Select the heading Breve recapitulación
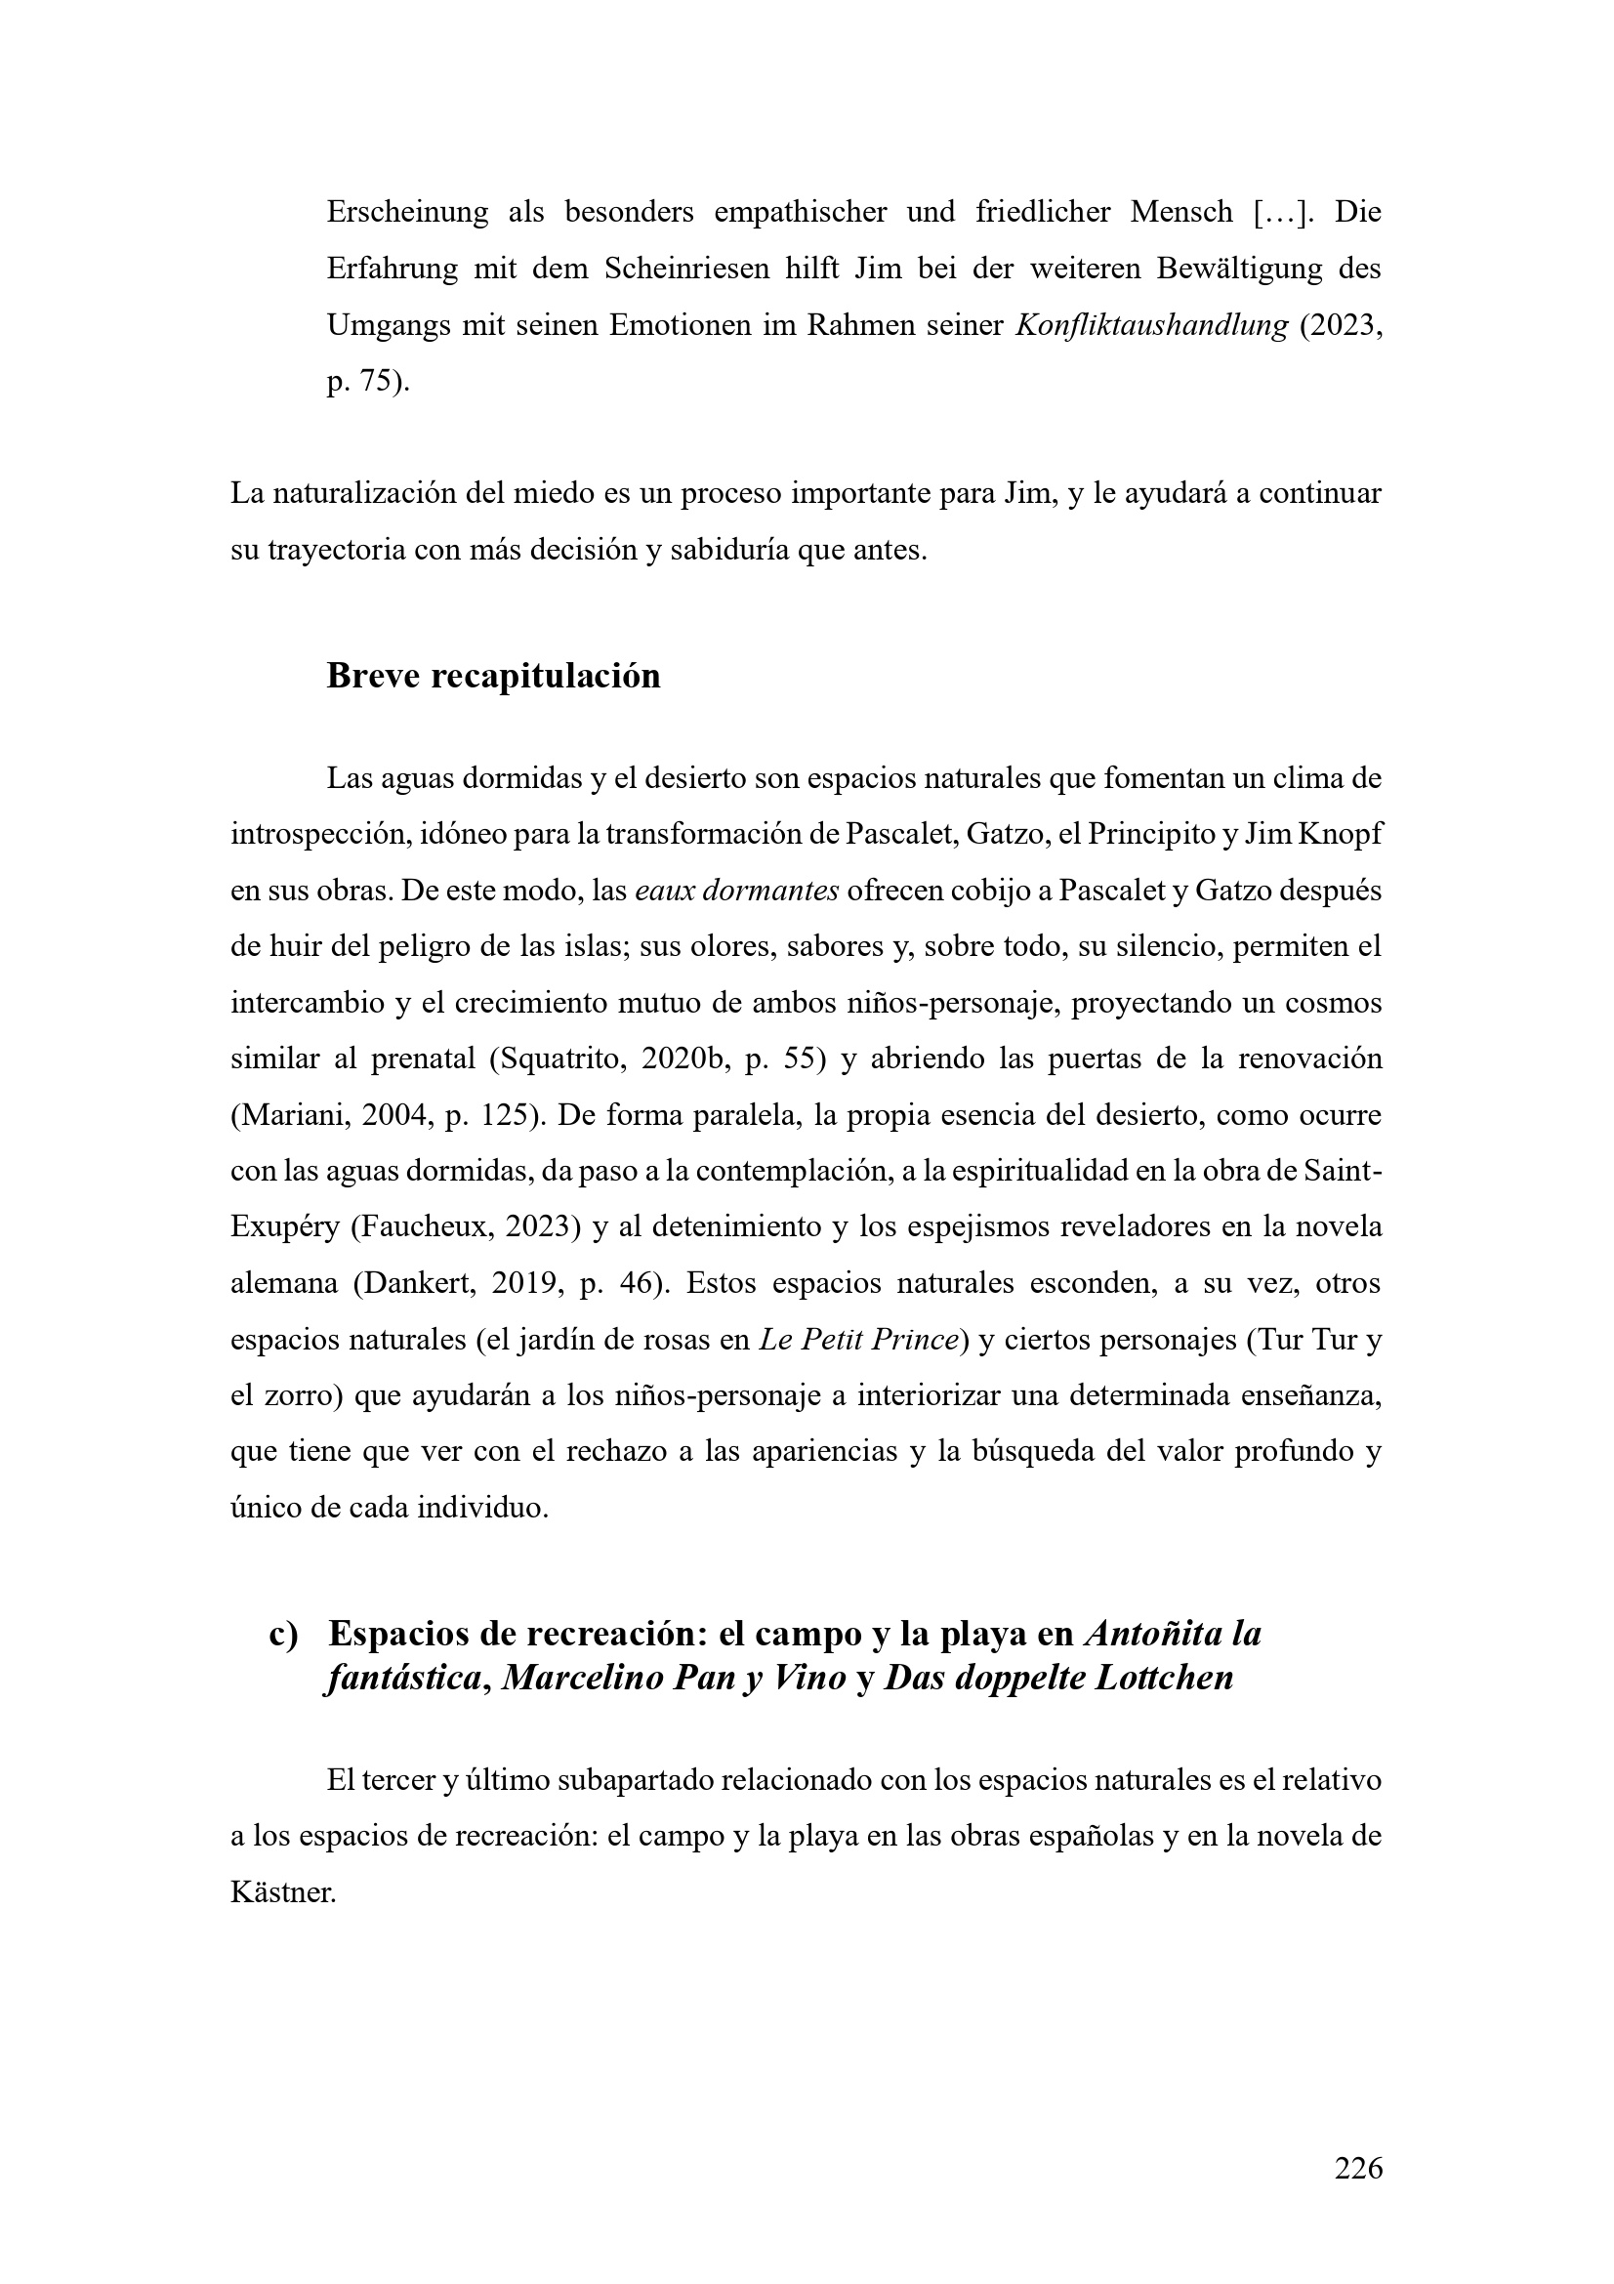point(493,676)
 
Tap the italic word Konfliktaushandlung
point(1150,326)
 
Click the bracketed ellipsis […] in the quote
point(1275,213)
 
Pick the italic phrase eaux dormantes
point(736,891)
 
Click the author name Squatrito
point(558,1059)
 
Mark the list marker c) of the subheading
point(283,1635)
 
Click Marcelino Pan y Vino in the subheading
point(674,1679)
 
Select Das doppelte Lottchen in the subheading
point(1058,1679)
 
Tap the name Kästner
point(282,1892)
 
